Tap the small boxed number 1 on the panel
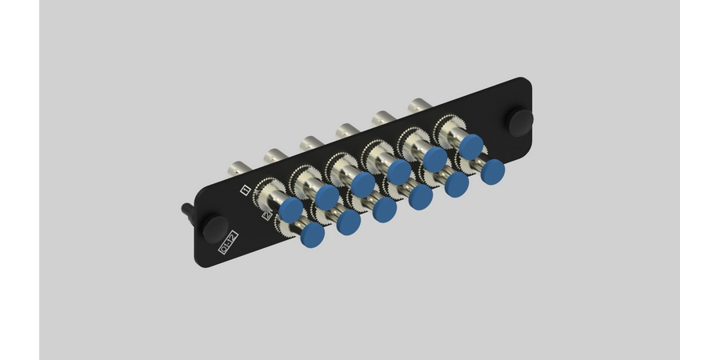(246, 190)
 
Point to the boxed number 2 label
(267, 215)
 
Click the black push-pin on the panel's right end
(521, 122)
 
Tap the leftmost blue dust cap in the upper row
(290, 209)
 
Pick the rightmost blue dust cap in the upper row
(472, 146)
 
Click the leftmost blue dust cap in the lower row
(311, 234)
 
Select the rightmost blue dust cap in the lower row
(493, 170)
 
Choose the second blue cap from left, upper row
(326, 196)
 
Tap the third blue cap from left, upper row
(362, 184)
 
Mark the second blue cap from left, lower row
(348, 222)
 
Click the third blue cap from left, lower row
(384, 209)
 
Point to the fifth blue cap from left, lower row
(457, 183)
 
